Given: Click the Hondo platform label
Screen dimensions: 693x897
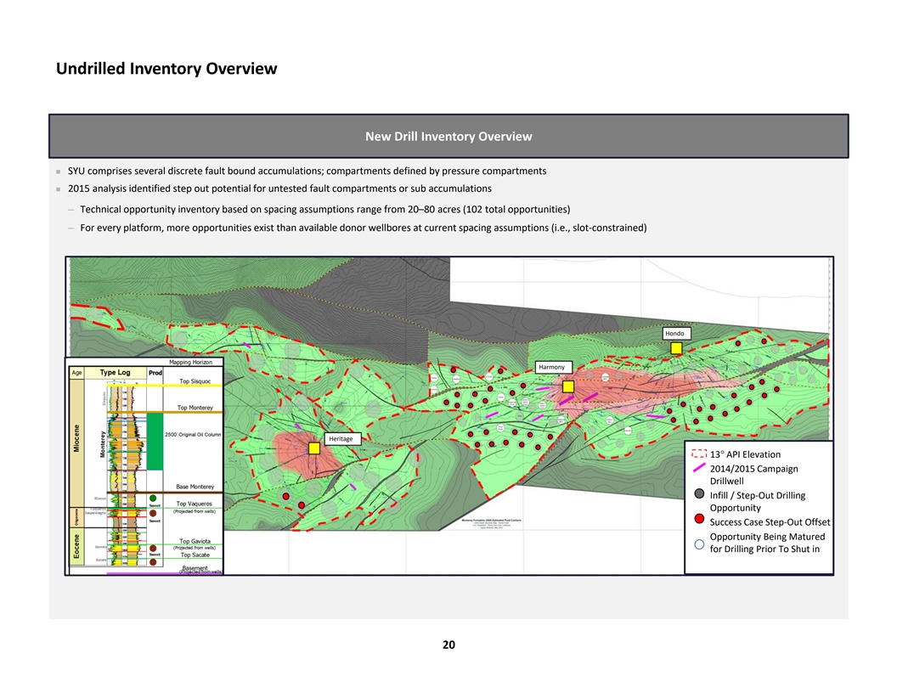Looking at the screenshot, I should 675,334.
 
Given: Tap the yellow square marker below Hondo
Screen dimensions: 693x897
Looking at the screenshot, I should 676,348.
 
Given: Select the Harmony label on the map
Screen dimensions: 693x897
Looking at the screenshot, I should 551,367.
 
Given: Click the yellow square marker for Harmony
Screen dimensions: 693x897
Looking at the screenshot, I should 568,386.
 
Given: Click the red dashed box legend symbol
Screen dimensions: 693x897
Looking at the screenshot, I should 698,454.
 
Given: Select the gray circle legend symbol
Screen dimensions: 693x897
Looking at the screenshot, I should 698,494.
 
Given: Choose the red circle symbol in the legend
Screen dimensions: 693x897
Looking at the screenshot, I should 698,521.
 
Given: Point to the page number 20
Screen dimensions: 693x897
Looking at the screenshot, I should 448,645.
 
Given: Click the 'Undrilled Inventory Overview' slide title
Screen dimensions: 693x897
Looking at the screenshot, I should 166,69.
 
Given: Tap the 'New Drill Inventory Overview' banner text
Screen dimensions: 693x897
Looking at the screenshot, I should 448,137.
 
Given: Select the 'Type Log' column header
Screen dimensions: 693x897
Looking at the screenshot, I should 115,372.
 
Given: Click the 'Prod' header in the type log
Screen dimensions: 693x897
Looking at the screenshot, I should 156,373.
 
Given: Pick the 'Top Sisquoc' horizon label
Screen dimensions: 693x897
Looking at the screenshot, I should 195,382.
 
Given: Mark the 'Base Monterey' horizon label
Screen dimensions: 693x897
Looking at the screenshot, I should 195,487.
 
